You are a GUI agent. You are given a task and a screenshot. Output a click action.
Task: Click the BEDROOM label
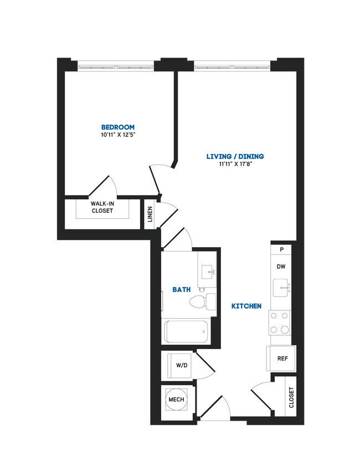[117, 127]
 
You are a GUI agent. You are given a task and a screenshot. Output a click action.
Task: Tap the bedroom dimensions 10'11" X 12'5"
[117, 135]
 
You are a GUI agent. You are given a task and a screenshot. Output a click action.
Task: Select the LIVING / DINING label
[235, 156]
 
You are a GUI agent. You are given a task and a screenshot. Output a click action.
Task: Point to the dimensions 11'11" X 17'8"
[235, 164]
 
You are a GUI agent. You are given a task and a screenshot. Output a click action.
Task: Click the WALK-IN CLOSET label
[102, 207]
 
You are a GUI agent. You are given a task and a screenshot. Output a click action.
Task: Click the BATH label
[182, 289]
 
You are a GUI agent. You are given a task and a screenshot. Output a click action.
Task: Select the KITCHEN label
[246, 306]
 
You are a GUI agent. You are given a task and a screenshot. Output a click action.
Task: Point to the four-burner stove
[280, 322]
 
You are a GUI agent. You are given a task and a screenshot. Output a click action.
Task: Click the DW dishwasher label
[281, 267]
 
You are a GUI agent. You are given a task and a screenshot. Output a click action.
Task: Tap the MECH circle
[176, 399]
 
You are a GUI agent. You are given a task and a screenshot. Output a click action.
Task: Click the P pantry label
[281, 250]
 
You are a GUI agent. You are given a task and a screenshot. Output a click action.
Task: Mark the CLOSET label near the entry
[291, 397]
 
